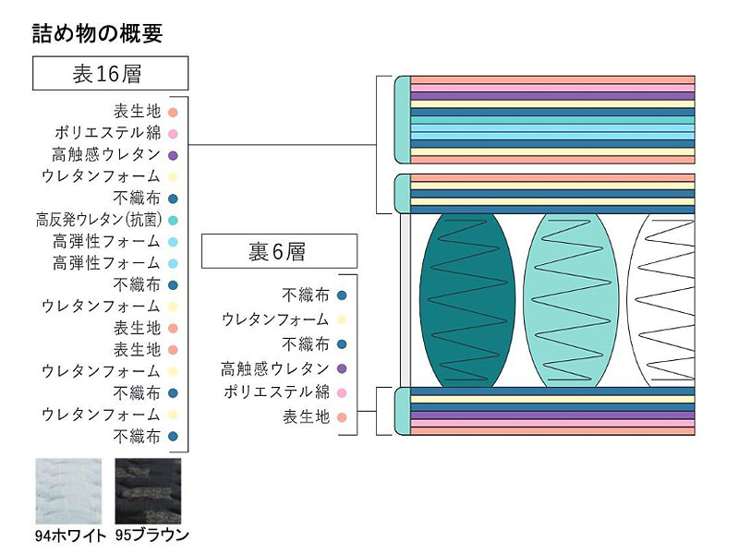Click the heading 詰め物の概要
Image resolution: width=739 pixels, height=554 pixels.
97,34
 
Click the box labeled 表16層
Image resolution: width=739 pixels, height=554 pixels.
110,74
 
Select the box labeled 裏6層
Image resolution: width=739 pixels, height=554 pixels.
278,251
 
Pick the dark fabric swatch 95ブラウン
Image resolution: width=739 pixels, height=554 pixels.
152,490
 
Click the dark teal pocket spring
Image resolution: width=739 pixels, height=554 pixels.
460,300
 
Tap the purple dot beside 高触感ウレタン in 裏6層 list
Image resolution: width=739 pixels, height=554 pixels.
342,368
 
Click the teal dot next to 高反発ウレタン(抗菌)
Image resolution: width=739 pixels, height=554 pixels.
174,220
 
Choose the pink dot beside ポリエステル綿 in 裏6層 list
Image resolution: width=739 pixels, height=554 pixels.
342,392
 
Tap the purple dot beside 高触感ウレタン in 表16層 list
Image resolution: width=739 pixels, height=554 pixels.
174,154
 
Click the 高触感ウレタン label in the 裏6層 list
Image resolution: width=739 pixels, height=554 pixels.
275,368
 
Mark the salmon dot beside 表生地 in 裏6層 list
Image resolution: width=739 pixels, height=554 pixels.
342,417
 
